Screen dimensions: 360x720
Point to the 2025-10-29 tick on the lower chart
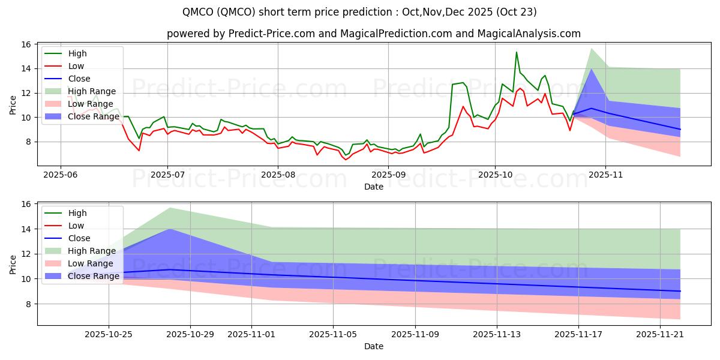[x=190, y=334]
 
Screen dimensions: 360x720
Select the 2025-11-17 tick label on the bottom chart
[x=578, y=334]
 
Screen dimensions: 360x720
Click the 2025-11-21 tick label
[x=660, y=334]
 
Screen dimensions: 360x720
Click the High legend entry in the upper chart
[x=77, y=53]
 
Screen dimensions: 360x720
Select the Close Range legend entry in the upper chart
[x=92, y=116]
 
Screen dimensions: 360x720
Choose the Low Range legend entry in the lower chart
[x=90, y=263]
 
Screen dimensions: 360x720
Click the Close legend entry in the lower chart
[x=79, y=238]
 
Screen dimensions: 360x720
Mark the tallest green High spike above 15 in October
[x=516, y=52]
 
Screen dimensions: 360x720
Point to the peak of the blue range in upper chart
[x=592, y=69]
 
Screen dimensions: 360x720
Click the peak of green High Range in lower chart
[x=170, y=208]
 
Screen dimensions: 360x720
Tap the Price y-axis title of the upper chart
[x=13, y=104]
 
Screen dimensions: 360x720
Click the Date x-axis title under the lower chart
[x=373, y=346]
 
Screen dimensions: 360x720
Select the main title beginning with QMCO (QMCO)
[x=360, y=12]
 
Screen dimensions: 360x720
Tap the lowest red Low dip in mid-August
[x=346, y=159]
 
